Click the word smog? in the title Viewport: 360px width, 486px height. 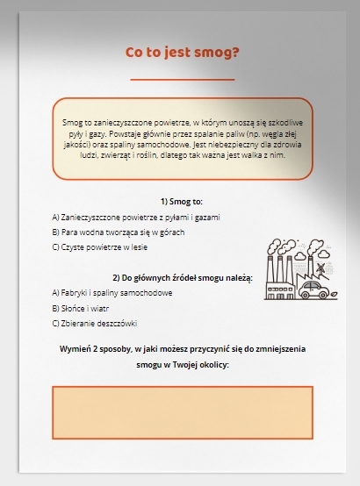coord(216,53)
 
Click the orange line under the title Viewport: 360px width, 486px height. coord(183,80)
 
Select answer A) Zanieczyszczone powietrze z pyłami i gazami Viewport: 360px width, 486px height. coord(136,218)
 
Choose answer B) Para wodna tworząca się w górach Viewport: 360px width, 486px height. coord(119,232)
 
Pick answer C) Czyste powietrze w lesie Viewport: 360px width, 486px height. coord(99,247)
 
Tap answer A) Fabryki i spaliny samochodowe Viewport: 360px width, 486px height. coord(112,293)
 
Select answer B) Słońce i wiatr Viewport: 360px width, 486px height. coord(81,309)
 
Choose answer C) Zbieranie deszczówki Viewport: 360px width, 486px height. coord(95,324)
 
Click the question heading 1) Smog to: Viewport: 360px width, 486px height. coord(182,202)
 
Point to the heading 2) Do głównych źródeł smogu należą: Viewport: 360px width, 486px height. coord(183,278)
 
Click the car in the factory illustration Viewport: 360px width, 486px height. coord(313,290)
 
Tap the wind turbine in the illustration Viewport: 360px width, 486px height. coord(321,269)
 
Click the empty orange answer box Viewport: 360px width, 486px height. coord(183,412)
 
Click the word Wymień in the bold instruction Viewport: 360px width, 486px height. coord(75,349)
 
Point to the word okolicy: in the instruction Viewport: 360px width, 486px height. coord(214,365)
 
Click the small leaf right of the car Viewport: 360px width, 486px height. coord(334,293)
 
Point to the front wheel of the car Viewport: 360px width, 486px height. coord(323,295)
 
